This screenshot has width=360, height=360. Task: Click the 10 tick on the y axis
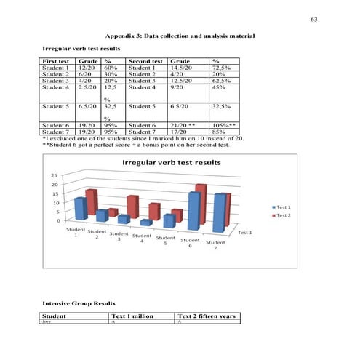point(54,203)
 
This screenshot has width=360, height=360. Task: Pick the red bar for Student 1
point(91,201)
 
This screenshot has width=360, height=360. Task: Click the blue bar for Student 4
point(146,222)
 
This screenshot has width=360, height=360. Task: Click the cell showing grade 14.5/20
point(182,68)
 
